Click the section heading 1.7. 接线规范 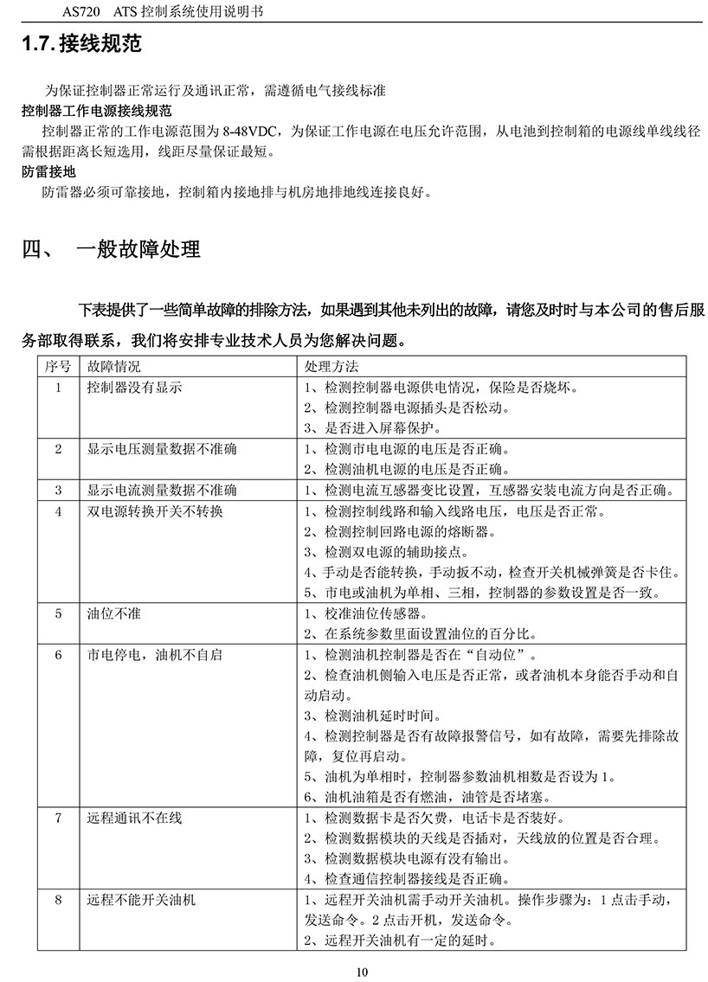click(81, 43)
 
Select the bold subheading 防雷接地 click(48, 172)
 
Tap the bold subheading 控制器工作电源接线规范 click(97, 112)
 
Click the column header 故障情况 click(114, 367)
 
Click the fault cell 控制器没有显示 click(134, 388)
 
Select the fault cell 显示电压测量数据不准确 click(162, 449)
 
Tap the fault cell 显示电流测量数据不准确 click(162, 491)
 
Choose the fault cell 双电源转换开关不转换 click(155, 511)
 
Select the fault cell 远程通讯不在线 click(134, 818)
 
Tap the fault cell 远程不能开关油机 click(141, 900)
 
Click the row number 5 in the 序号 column click(58, 613)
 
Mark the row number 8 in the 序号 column click(58, 900)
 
